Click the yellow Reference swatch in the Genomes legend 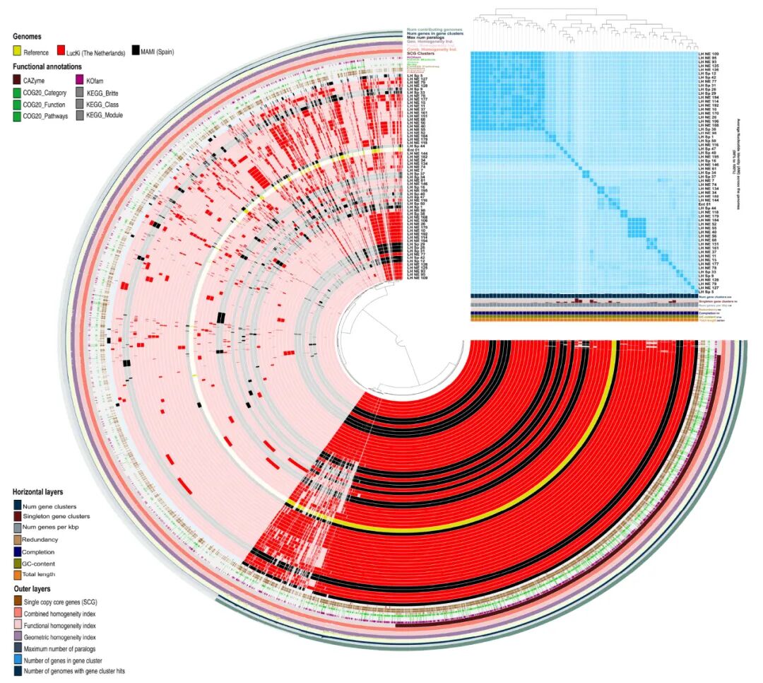click(17, 52)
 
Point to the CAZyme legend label click(35, 81)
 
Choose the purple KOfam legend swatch click(80, 81)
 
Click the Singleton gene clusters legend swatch click(16, 517)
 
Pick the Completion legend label click(37, 551)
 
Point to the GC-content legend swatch click(16, 563)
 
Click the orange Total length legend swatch click(16, 574)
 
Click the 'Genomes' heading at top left click(27, 35)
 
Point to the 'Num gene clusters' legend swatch click(16, 506)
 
